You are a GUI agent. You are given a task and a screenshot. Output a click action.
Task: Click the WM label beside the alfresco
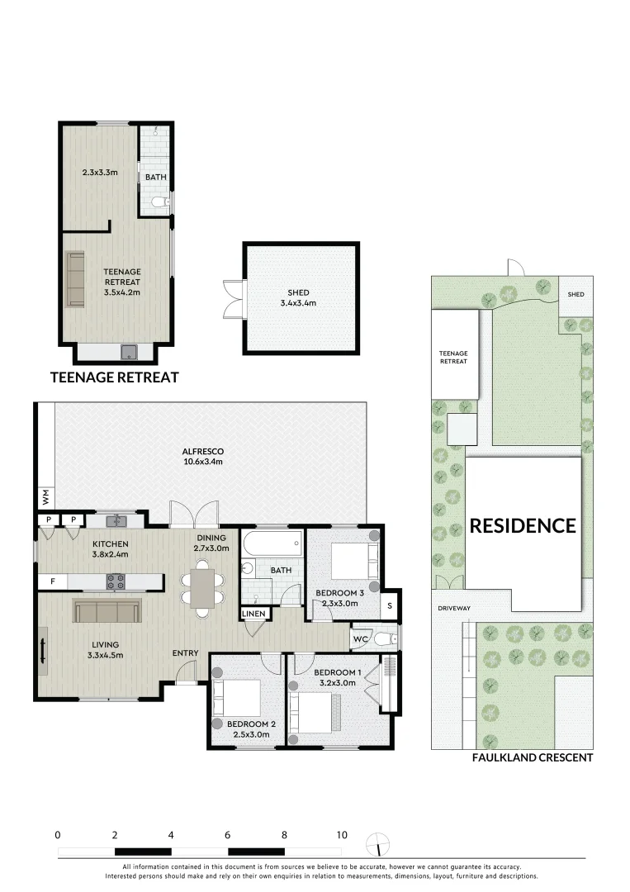click(x=45, y=496)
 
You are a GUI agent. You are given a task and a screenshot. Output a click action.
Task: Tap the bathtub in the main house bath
click(x=272, y=544)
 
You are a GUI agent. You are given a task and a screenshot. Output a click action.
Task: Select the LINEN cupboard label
click(x=253, y=614)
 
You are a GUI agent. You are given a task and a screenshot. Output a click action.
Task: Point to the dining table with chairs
click(x=202, y=588)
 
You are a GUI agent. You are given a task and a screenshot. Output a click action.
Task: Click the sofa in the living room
click(x=107, y=611)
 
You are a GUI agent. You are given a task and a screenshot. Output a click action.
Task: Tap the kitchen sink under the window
click(x=117, y=521)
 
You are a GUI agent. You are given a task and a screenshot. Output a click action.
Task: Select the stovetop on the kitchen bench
click(x=116, y=581)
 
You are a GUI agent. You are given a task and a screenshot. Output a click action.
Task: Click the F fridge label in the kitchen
click(x=53, y=582)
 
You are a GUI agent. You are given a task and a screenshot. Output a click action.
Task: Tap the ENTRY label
click(x=185, y=653)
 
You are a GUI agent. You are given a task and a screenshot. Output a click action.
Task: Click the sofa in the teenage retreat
click(x=75, y=279)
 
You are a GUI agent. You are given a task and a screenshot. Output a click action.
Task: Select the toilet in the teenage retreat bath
click(x=159, y=202)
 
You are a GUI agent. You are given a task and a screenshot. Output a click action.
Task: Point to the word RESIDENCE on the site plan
click(x=523, y=525)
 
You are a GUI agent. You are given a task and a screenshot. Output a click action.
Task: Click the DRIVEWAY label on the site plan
click(x=454, y=609)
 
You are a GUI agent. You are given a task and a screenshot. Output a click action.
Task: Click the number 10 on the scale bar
click(x=341, y=834)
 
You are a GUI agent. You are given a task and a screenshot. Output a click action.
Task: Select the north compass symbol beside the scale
click(x=378, y=842)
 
